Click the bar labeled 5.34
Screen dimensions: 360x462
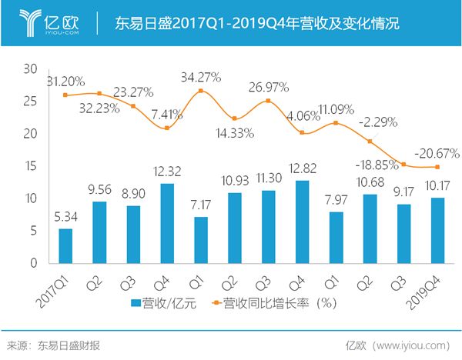[65, 245]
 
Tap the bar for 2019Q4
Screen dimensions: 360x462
[437, 230]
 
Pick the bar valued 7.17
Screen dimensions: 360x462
[200, 239]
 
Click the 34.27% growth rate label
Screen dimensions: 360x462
[200, 77]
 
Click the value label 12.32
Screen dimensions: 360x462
[166, 170]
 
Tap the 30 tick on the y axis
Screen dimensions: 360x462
[31, 69]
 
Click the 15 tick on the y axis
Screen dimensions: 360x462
[31, 166]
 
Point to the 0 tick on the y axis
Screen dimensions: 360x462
[33, 263]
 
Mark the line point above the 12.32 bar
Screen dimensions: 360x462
[166, 128]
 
